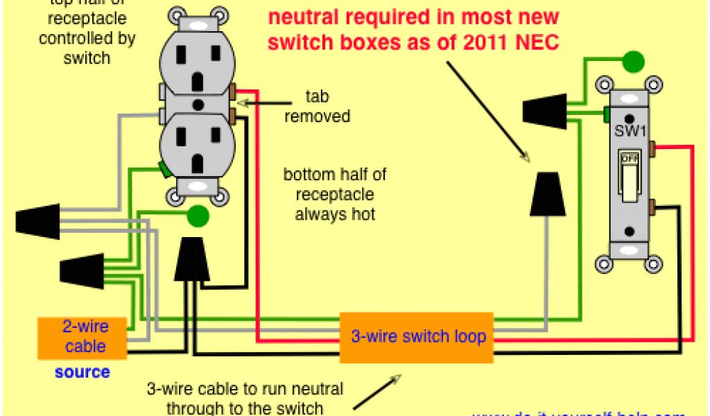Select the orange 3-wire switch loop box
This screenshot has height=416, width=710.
click(416, 338)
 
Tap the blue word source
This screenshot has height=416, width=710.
click(83, 372)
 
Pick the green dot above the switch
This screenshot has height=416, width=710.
click(632, 62)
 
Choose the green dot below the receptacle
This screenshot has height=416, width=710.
click(198, 217)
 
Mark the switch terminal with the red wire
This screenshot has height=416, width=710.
click(655, 147)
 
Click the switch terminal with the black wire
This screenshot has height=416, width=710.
click(655, 205)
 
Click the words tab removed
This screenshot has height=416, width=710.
click(317, 106)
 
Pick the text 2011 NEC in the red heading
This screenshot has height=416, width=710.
click(512, 43)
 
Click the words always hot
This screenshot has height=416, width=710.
click(335, 214)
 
